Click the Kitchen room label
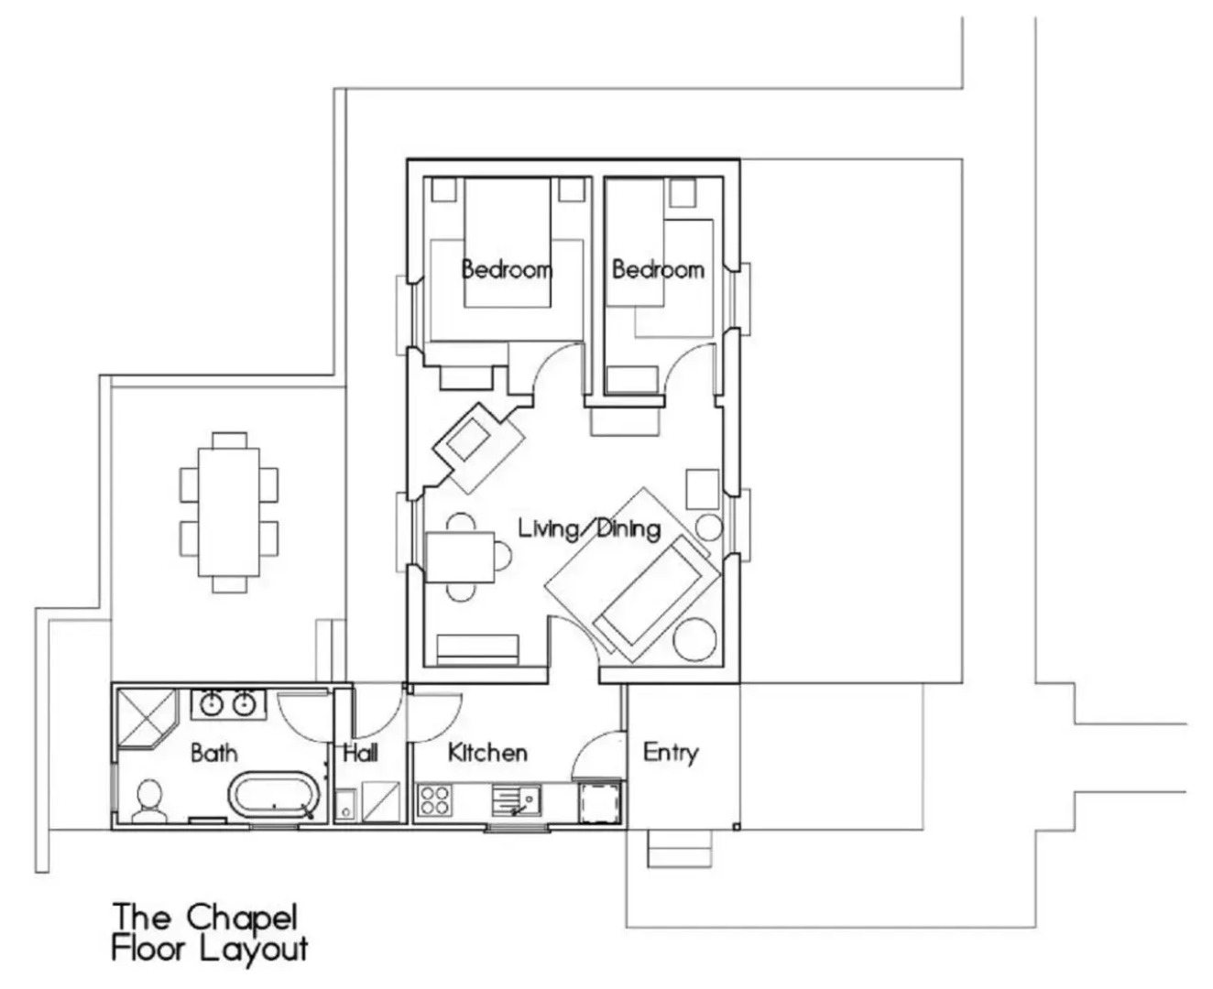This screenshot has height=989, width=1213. [487, 752]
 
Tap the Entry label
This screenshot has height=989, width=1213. [671, 753]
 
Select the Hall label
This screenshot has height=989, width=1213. [361, 752]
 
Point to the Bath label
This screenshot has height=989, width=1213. [214, 753]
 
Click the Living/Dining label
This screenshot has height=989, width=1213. [589, 528]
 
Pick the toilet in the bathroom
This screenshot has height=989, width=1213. [149, 801]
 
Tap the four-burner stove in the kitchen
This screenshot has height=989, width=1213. [435, 799]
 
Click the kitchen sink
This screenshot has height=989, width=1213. [517, 799]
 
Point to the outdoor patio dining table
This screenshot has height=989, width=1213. [229, 512]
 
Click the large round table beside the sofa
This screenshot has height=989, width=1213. [695, 639]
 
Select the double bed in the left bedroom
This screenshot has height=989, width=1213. [508, 243]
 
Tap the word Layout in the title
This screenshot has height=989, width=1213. [254, 950]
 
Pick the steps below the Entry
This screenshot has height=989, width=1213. [679, 848]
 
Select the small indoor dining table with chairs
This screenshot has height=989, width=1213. [460, 558]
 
